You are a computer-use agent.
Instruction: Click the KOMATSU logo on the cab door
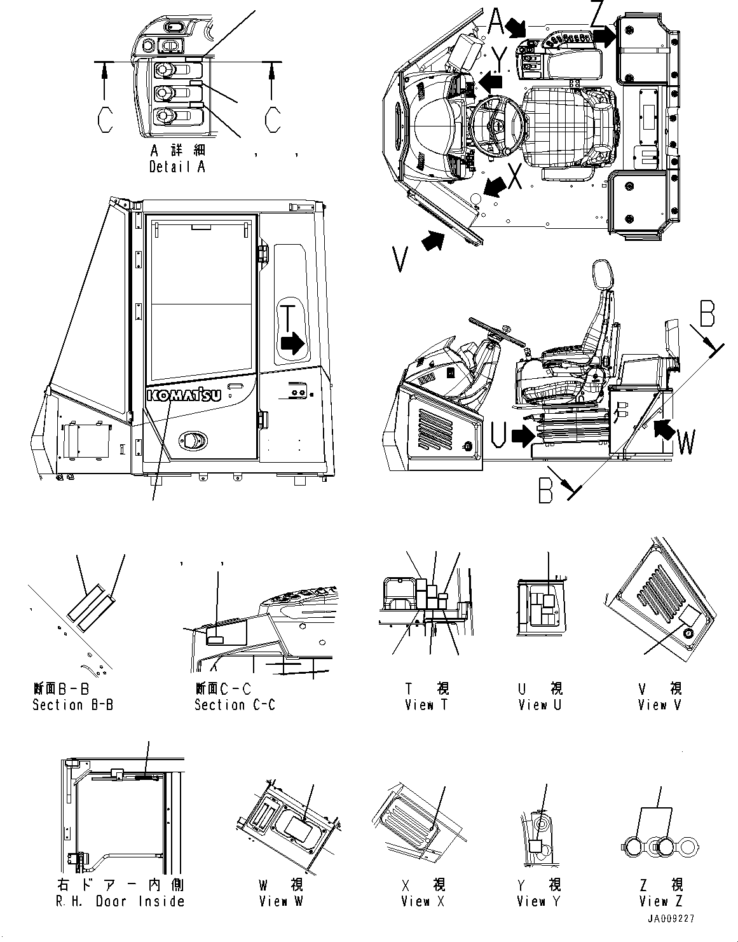184,395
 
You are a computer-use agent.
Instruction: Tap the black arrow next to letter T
293,344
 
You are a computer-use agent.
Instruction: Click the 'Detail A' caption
177,167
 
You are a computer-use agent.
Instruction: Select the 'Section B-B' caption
73,704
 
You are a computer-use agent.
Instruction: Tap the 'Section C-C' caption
235,704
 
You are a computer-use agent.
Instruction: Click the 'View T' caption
427,704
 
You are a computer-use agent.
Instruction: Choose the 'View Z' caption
662,901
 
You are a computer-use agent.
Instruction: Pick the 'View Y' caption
539,901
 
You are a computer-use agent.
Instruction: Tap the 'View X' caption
423,901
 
